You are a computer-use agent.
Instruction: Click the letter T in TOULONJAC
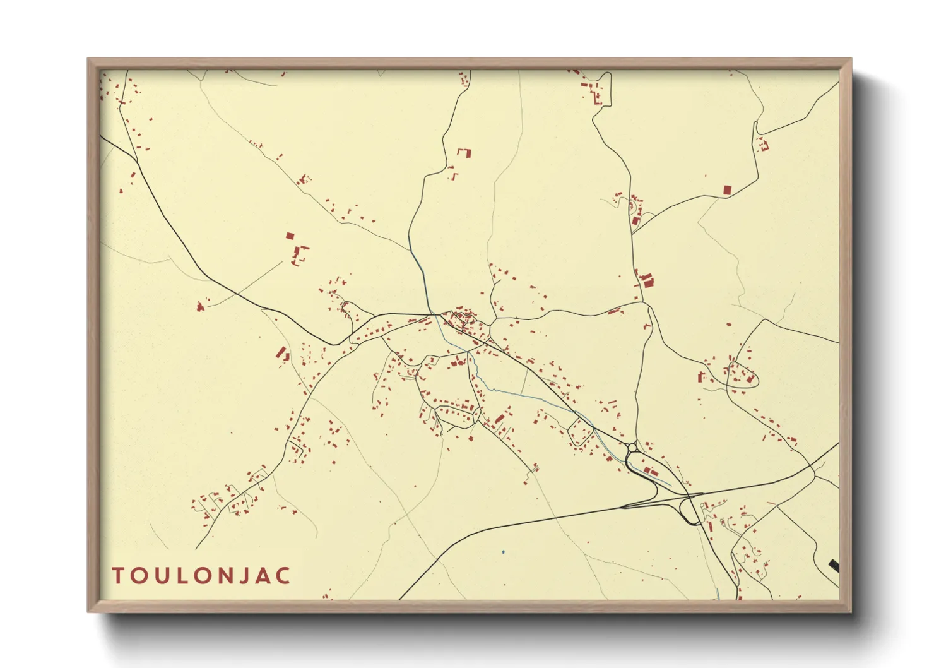pyautogui.click(x=118, y=576)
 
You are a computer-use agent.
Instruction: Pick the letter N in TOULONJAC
pyautogui.click(x=223, y=576)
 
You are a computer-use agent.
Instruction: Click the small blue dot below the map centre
pyautogui.click(x=503, y=552)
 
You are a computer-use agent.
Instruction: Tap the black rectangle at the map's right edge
pyautogui.click(x=834, y=566)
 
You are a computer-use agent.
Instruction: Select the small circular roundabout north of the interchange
pyautogui.click(x=632, y=447)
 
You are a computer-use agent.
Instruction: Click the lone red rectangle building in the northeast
pyautogui.click(x=727, y=189)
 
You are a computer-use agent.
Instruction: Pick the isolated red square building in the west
pyautogui.click(x=290, y=236)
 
